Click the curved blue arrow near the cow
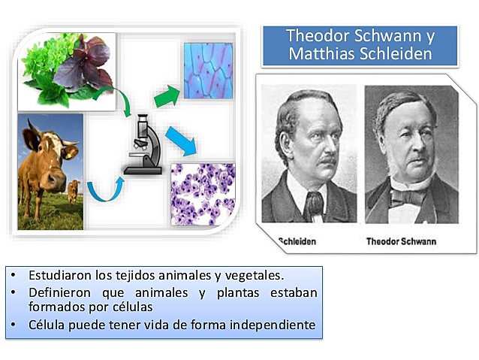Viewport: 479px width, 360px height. coord(104,190)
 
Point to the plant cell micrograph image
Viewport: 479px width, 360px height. coord(209,71)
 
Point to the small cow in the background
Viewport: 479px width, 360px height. coord(73,190)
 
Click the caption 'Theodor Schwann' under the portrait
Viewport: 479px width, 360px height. coord(401,241)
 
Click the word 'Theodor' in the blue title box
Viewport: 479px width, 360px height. coord(318,35)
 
